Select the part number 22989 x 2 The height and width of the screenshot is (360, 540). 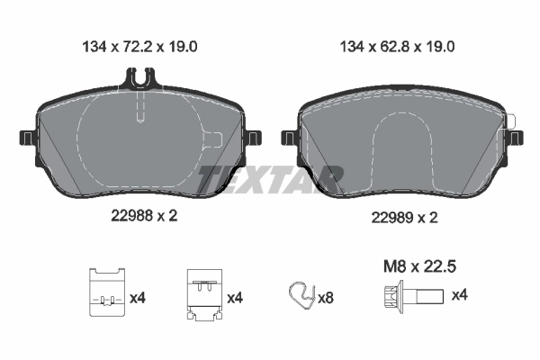(404, 218)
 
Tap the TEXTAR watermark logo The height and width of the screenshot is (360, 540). (269, 177)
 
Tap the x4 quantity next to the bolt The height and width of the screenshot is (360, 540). (459, 295)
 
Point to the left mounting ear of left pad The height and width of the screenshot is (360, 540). (28, 139)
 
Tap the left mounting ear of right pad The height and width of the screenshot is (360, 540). (289, 138)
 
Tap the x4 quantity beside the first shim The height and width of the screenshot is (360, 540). (137, 296)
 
